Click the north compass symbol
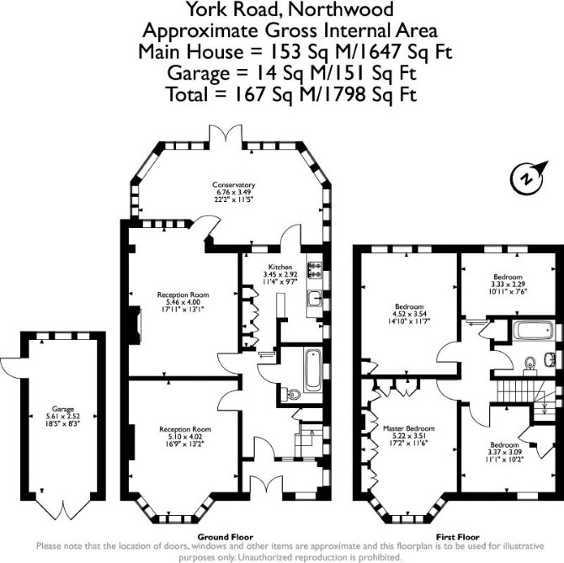click(528, 178)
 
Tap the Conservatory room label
click(233, 185)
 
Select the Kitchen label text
click(280, 267)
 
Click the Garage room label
click(63, 409)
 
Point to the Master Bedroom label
click(408, 428)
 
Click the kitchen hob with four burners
click(314, 270)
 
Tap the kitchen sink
click(314, 298)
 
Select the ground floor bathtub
click(313, 370)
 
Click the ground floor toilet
click(291, 394)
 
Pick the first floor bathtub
click(533, 331)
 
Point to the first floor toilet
click(530, 363)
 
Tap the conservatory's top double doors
click(226, 133)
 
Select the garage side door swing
click(11, 368)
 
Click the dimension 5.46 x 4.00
click(183, 302)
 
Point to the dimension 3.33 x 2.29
click(508, 284)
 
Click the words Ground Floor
click(225, 537)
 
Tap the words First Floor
click(458, 537)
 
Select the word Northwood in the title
click(340, 9)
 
